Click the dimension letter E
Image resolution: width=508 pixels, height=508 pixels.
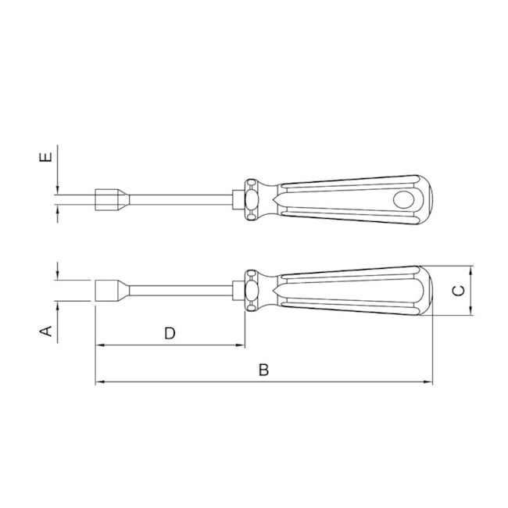(46, 158)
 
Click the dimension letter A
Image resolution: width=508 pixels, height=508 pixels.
(46, 332)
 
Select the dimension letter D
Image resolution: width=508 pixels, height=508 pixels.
(170, 333)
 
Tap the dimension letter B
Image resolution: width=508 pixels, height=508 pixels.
(264, 370)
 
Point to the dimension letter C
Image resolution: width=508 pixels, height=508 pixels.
(459, 291)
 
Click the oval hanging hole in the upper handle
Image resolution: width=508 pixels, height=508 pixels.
(408, 200)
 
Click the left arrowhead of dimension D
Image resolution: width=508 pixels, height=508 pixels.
(99, 345)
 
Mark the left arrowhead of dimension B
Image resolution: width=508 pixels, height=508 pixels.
(99, 382)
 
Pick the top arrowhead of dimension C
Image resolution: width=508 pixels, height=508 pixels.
(470, 270)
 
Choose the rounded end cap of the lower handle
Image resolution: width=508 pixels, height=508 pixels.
(426, 290)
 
